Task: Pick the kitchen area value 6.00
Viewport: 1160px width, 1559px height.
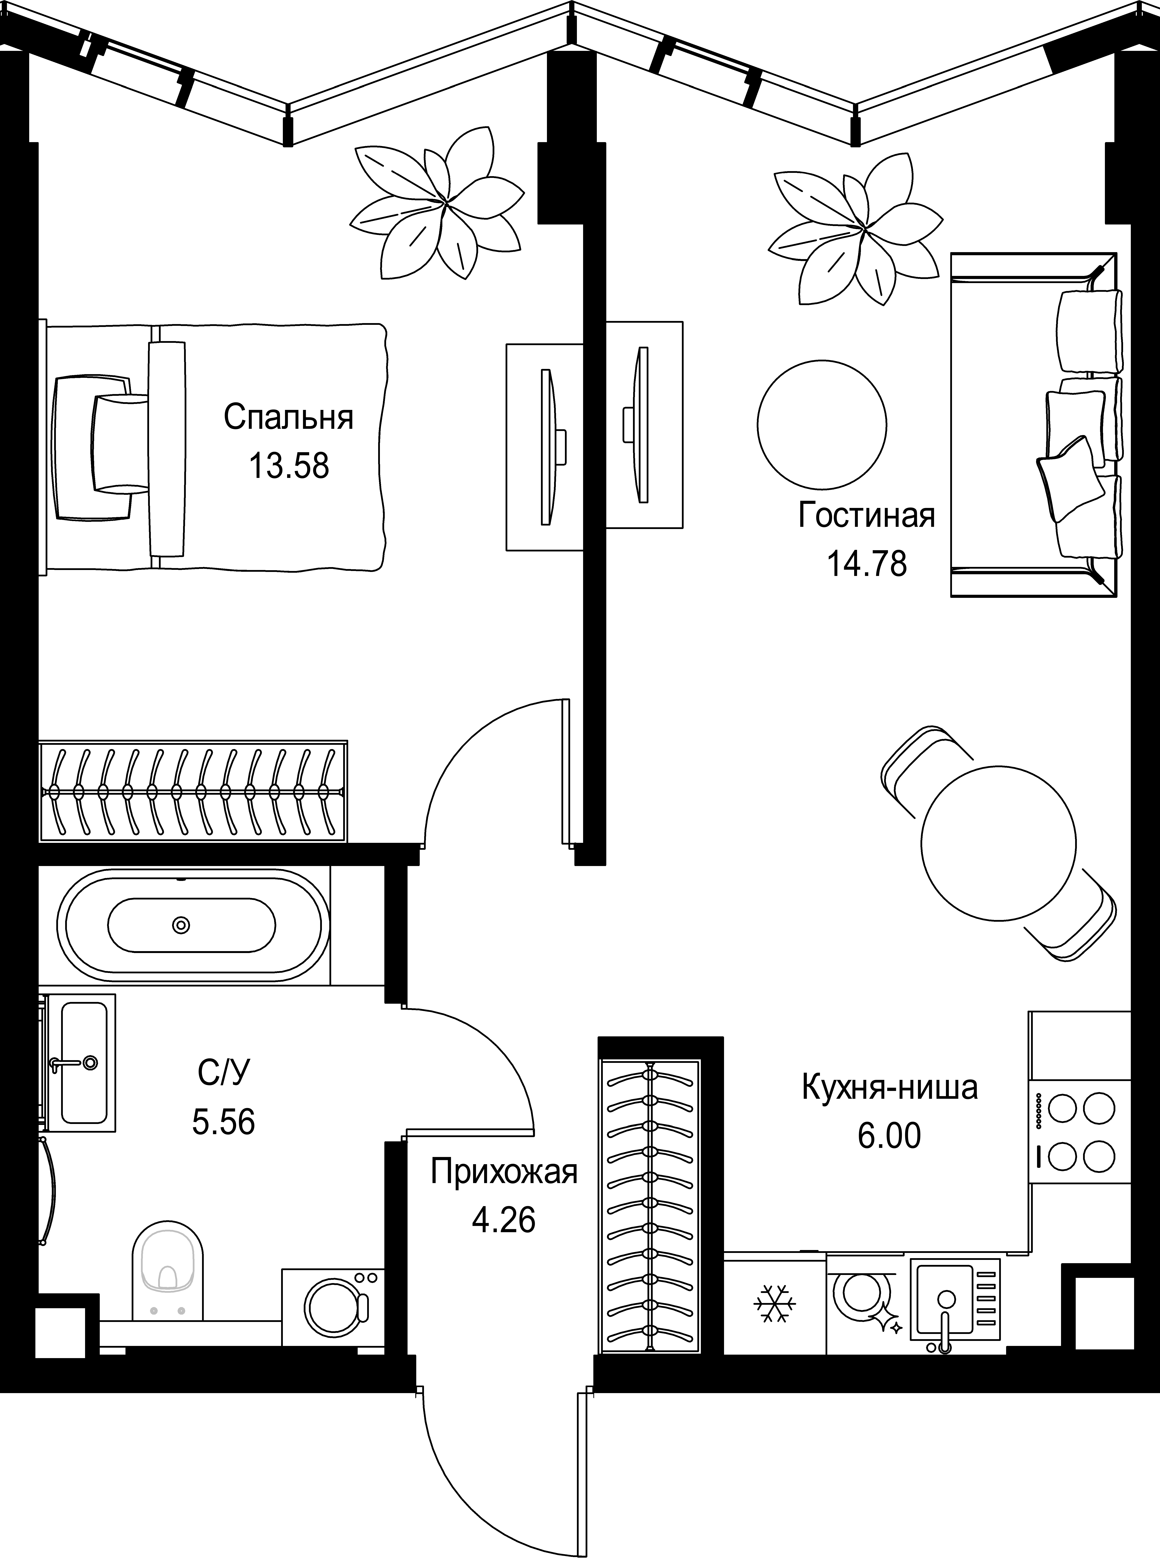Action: pos(889,1136)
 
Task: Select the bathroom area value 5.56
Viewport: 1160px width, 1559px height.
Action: pos(223,1121)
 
